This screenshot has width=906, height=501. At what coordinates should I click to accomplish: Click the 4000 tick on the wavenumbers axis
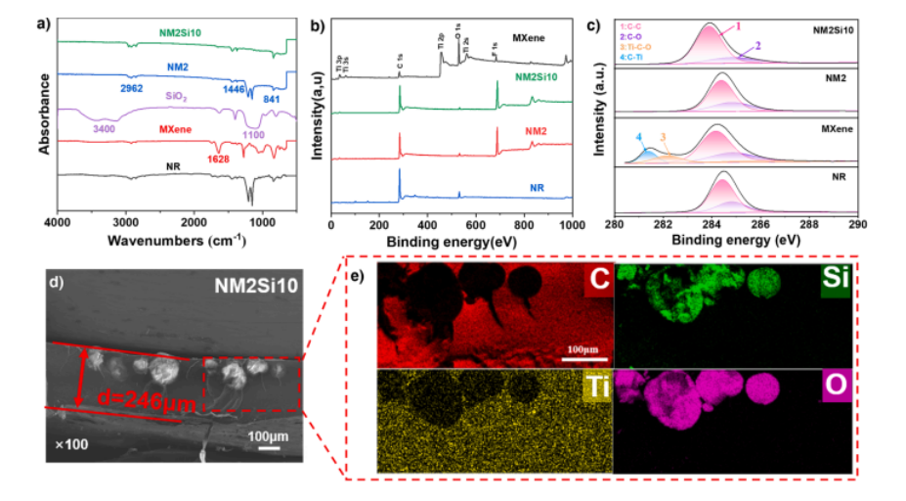(x=58, y=225)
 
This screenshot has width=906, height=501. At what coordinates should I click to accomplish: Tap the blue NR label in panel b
(x=537, y=185)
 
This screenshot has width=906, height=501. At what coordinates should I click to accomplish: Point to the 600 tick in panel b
(x=476, y=225)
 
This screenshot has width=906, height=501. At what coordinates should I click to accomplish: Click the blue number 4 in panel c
(x=638, y=138)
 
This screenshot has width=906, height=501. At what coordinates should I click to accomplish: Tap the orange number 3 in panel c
(x=663, y=138)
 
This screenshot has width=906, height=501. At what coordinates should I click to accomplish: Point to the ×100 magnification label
(x=70, y=444)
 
